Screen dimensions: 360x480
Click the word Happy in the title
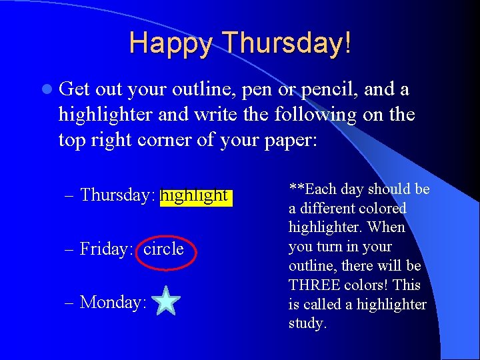172,43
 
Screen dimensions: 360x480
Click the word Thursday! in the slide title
287,43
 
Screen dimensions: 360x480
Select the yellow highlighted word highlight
196,195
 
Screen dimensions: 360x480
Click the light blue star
166,301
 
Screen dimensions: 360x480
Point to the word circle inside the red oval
163,249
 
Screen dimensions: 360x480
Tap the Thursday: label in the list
118,195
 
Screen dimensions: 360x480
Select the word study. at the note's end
307,323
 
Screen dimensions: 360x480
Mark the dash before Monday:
71,302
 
